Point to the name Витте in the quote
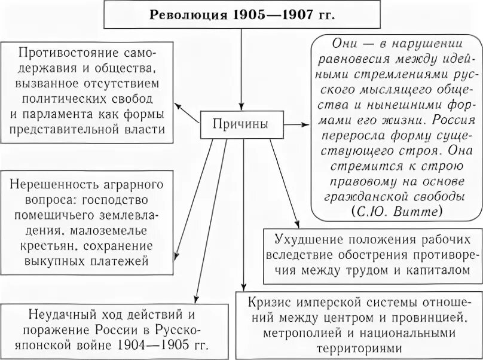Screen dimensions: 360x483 click(x=422, y=212)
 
